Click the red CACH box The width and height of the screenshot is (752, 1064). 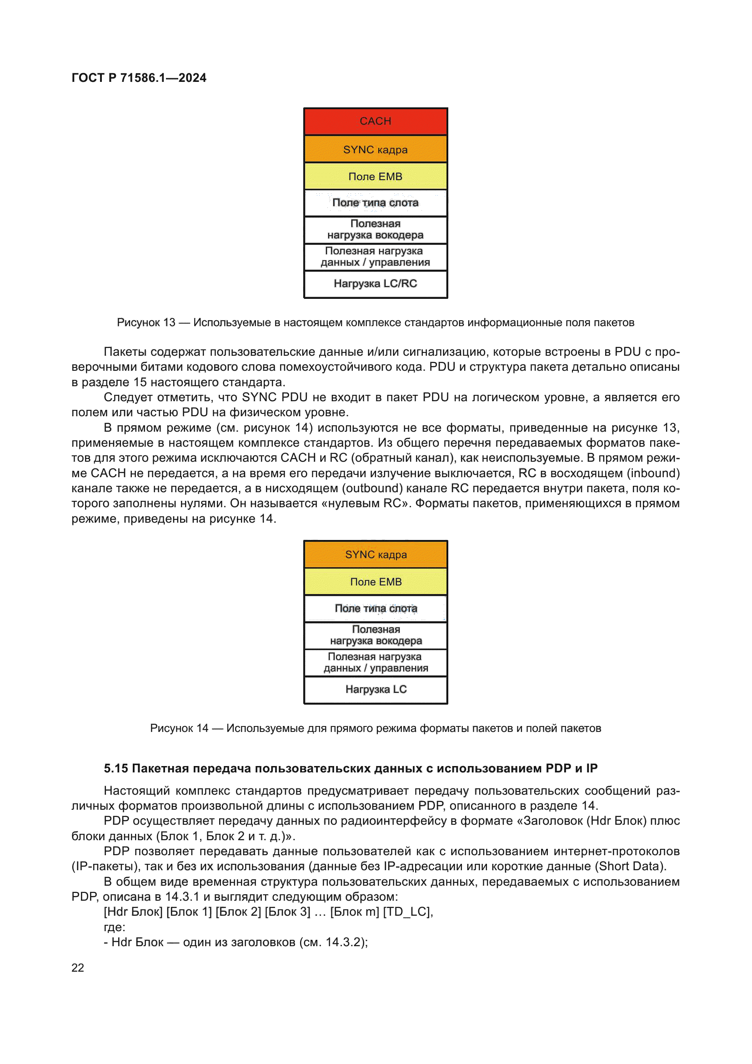[x=375, y=121]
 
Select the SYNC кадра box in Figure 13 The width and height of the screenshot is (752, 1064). [x=375, y=149]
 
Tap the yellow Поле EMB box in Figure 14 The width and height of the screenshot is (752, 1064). [x=376, y=582]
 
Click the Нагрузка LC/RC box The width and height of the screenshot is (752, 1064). [x=375, y=283]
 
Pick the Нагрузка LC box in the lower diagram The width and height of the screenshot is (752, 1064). [x=376, y=690]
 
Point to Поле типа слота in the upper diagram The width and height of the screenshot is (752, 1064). [x=375, y=203]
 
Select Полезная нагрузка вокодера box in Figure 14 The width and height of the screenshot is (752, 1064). [x=376, y=635]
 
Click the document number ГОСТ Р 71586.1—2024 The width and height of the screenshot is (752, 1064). [x=139, y=78]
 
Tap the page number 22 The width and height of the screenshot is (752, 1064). [x=78, y=968]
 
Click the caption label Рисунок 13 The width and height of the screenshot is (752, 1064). [x=146, y=323]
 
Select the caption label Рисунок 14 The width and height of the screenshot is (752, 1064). [x=179, y=728]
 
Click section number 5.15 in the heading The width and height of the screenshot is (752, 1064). [x=116, y=769]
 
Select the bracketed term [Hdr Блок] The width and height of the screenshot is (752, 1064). [x=133, y=912]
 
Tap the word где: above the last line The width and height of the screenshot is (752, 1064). [x=115, y=927]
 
